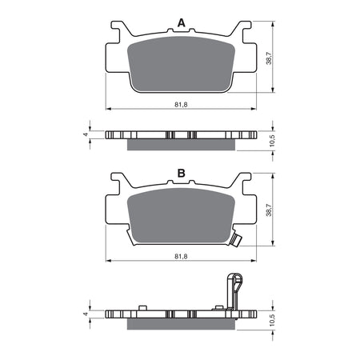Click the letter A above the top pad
click(181, 24)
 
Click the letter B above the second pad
click(181, 173)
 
